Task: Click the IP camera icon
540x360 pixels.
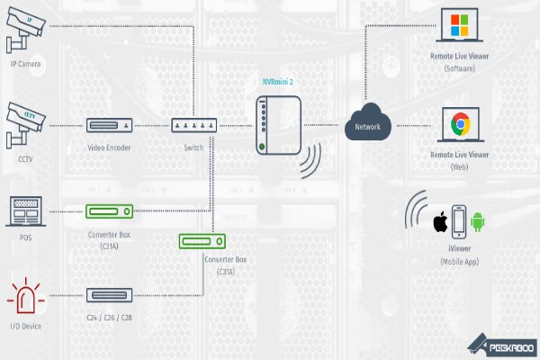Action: [x=26, y=30]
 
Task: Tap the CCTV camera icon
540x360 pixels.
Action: [x=26, y=125]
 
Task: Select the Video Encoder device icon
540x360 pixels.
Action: [x=109, y=125]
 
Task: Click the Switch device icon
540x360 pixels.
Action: [x=194, y=125]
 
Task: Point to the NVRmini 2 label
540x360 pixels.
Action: [x=277, y=82]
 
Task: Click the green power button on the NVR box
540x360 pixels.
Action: [x=262, y=147]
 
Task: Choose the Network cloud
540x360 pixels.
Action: [x=368, y=122]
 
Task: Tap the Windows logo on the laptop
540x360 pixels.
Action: [x=459, y=25]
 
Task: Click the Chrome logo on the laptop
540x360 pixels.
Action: [x=461, y=123]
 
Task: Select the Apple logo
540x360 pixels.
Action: [x=440, y=222]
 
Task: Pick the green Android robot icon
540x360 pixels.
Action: [x=478, y=222]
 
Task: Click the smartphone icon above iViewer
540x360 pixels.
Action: [x=459, y=222]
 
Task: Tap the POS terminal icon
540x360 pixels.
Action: [x=26, y=211]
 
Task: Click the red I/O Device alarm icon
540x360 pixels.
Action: [x=26, y=295]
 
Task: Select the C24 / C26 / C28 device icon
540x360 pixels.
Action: [x=109, y=295]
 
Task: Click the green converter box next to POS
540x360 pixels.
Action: [x=109, y=211]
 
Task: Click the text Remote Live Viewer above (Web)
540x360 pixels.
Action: [x=459, y=155]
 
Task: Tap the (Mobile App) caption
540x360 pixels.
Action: [x=459, y=262]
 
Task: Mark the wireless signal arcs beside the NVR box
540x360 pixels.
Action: [x=311, y=160]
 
